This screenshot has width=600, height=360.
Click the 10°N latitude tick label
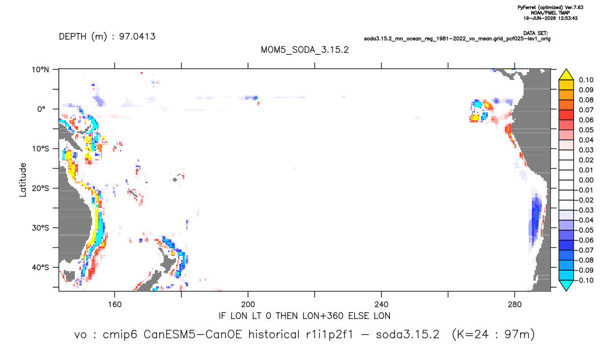[40, 70]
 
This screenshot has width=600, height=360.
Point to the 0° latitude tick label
[41, 109]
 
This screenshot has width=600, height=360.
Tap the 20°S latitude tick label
[40, 188]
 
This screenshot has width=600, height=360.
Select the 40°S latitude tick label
[40, 267]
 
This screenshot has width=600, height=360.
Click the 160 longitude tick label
[115, 305]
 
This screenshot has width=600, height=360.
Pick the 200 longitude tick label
[248, 305]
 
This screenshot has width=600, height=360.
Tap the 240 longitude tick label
[381, 305]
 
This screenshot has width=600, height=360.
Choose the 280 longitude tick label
[515, 305]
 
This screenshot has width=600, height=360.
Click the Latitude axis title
[23, 180]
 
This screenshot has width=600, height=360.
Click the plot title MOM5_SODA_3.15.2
[305, 50]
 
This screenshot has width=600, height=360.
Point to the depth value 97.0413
[137, 37]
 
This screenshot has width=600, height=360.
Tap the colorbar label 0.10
[586, 80]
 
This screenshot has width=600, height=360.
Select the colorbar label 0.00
[586, 180]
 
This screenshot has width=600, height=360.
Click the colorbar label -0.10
[584, 280]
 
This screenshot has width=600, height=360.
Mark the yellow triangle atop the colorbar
[566, 75]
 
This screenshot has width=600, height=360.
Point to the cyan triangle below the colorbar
[566, 285]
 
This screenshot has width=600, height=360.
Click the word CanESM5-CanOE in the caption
[193, 335]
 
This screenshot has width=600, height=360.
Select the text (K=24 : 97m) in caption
[493, 335]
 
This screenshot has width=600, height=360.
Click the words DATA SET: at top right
[535, 34]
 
